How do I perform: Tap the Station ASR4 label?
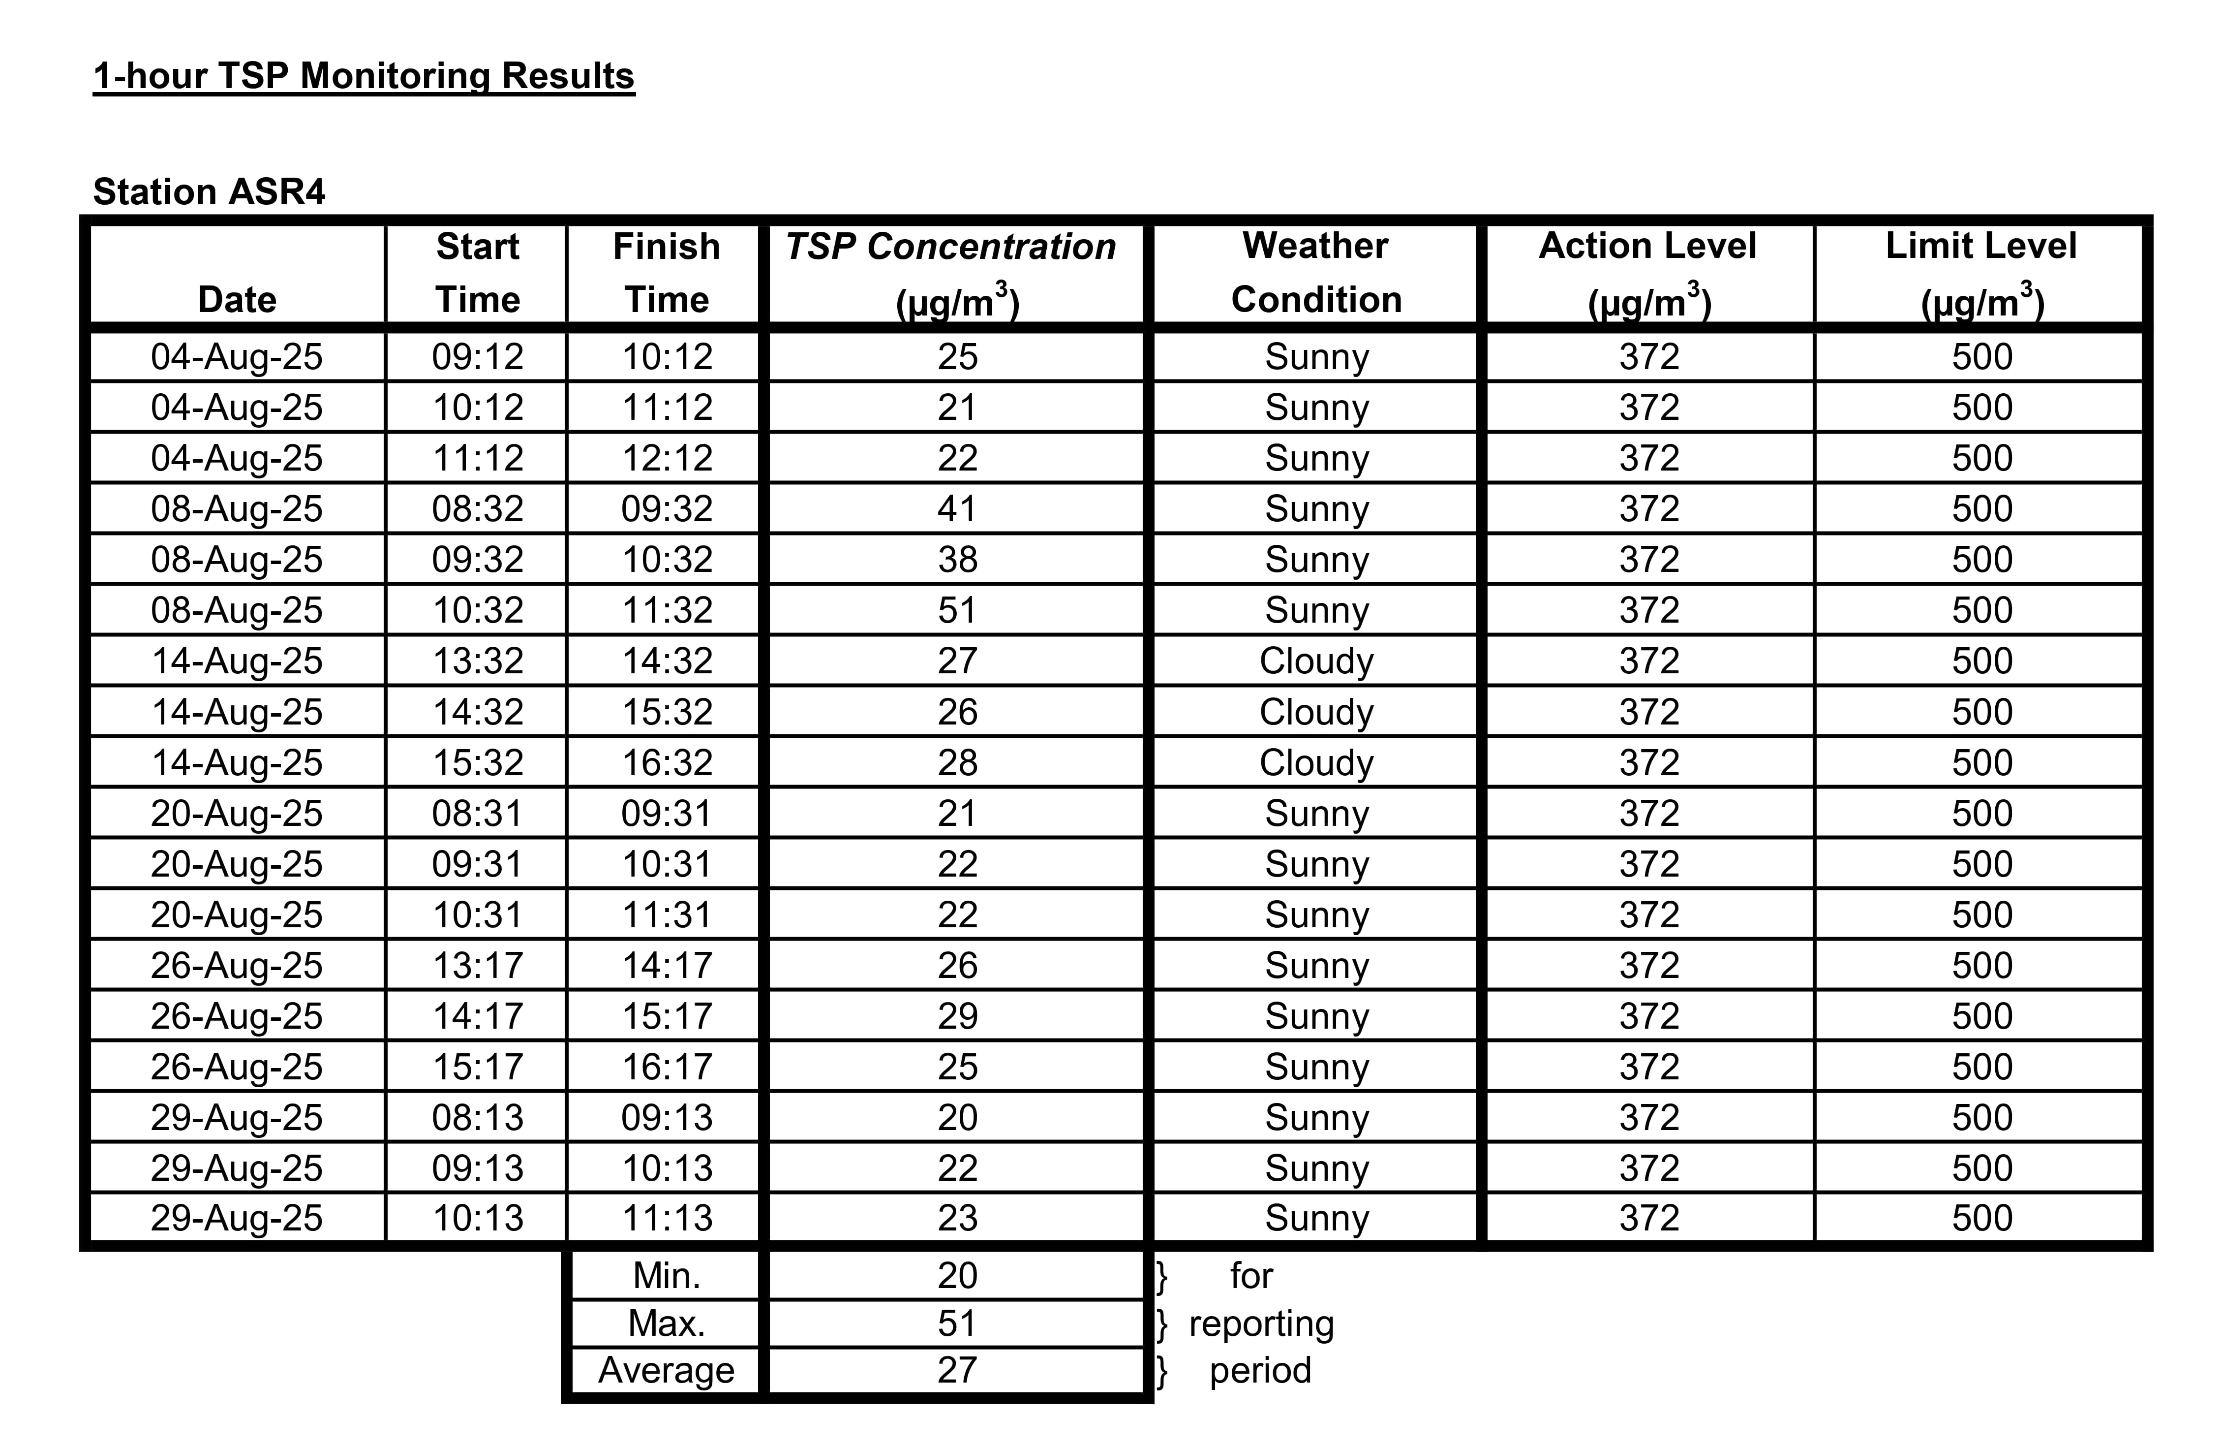coord(209,191)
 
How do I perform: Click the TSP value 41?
coord(957,508)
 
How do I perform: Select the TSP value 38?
coord(957,559)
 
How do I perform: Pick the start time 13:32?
coord(477,661)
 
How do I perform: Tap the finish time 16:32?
coord(667,762)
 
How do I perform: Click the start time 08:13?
coord(477,1117)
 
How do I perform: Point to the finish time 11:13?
coord(667,1218)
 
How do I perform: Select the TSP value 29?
coord(957,1015)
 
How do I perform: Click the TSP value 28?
coord(957,762)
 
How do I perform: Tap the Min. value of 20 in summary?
coord(957,1275)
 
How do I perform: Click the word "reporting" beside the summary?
coord(1261,1323)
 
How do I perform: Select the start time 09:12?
coord(477,356)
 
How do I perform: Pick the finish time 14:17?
coord(667,965)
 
